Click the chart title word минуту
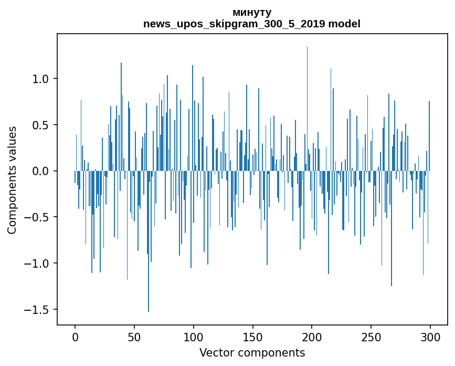pyautogui.click(x=252, y=12)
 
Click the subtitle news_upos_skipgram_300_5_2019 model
pyautogui.click(x=252, y=24)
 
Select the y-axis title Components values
pyautogui.click(x=12, y=180)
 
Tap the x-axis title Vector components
pyautogui.click(x=252, y=352)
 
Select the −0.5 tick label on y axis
pyautogui.click(x=37, y=217)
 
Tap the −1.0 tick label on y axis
pyautogui.click(x=37, y=263)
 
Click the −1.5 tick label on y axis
pyautogui.click(x=37, y=310)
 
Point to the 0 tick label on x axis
pyautogui.click(x=75, y=336)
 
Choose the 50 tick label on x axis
pyautogui.click(x=134, y=336)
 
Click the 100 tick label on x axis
pyautogui.click(x=194, y=336)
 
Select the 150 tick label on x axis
pyautogui.click(x=253, y=336)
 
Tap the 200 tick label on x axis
pyautogui.click(x=312, y=336)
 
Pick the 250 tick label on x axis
pyautogui.click(x=371, y=336)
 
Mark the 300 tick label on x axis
pyautogui.click(x=430, y=336)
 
